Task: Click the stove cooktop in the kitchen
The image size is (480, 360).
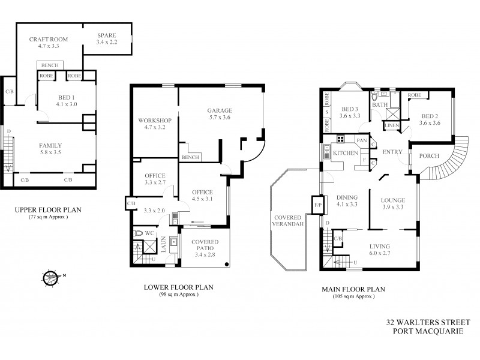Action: point(341,141)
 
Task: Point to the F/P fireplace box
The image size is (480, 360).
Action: point(318,205)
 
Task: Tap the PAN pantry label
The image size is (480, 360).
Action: point(361,140)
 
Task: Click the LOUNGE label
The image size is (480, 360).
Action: point(392,200)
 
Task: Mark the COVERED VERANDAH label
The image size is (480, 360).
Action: point(287,221)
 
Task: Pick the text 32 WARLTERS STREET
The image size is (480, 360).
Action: point(427,322)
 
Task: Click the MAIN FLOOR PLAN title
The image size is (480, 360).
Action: point(353,289)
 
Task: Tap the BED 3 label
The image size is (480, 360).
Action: point(350,109)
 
